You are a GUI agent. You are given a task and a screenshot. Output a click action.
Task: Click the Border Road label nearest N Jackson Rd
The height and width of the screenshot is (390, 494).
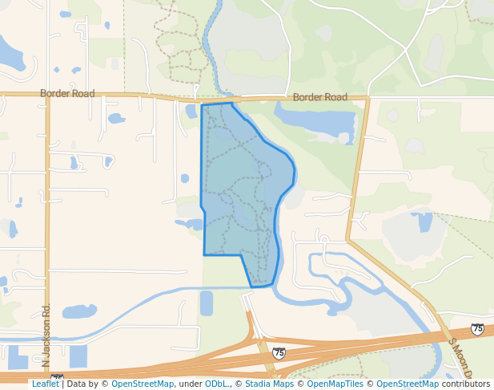[x=71, y=94]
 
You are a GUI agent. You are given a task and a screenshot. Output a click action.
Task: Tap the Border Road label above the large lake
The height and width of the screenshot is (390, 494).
[x=319, y=97]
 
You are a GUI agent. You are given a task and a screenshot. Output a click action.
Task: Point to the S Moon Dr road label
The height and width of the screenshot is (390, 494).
[x=461, y=358]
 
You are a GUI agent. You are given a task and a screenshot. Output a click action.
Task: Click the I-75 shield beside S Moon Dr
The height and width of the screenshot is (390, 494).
[x=477, y=329]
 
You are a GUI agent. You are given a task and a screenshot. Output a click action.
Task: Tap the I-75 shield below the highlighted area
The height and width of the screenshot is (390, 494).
[x=279, y=352]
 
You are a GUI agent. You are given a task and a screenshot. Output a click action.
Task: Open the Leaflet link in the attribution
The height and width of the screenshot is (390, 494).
[x=45, y=384]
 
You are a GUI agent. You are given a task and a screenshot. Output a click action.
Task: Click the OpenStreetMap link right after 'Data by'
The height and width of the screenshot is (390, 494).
[x=142, y=384]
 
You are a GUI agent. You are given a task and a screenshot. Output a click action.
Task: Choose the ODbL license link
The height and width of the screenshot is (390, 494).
[x=216, y=384]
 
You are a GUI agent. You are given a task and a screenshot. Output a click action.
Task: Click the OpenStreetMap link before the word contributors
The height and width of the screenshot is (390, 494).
[x=408, y=384]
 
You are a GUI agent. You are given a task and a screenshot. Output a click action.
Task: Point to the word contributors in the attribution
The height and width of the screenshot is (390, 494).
[x=466, y=384]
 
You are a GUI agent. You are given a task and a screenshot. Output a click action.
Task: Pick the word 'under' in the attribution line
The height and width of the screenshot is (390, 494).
[x=190, y=384]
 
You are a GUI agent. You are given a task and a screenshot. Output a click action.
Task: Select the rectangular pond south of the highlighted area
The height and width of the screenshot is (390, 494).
[x=206, y=303]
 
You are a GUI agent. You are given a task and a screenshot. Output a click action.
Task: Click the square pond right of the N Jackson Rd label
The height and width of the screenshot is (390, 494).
[x=78, y=355]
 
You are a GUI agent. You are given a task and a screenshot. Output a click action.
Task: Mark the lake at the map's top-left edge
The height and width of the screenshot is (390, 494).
[x=10, y=55]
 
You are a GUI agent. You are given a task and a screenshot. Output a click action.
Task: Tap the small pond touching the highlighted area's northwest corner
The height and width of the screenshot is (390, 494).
[x=191, y=112]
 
